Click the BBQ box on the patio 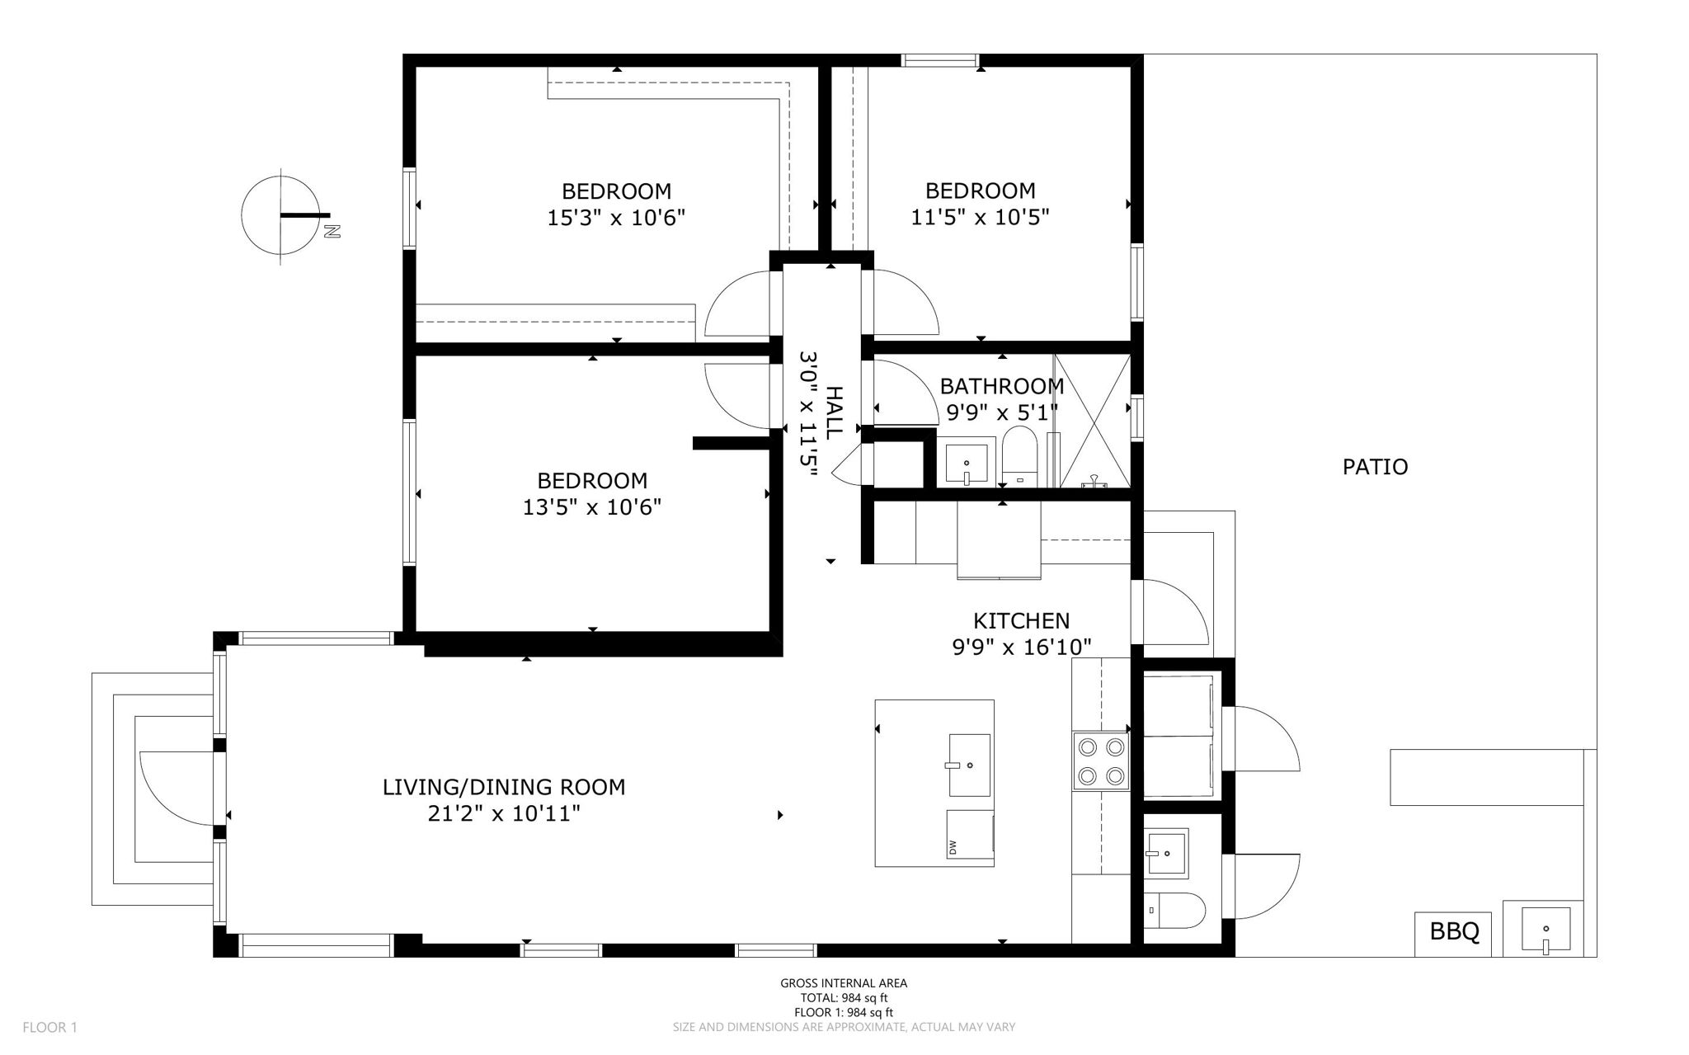point(1453,933)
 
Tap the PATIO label point(1375,467)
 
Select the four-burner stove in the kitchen point(1101,761)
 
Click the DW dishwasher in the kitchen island point(970,835)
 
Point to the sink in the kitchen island point(969,765)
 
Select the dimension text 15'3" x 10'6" point(616,219)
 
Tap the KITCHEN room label point(1021,620)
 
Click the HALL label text point(834,412)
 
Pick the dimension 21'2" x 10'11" point(503,814)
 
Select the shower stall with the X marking point(1093,421)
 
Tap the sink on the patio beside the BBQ point(1543,930)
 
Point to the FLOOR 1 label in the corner point(49,1028)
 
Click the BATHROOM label point(1001,386)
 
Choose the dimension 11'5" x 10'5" point(980,218)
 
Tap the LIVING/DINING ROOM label point(503,787)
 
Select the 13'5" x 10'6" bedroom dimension point(591,507)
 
